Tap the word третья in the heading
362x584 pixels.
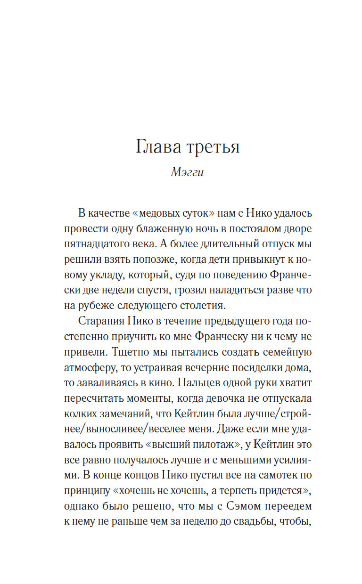click(214, 147)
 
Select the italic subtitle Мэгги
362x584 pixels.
click(187, 172)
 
